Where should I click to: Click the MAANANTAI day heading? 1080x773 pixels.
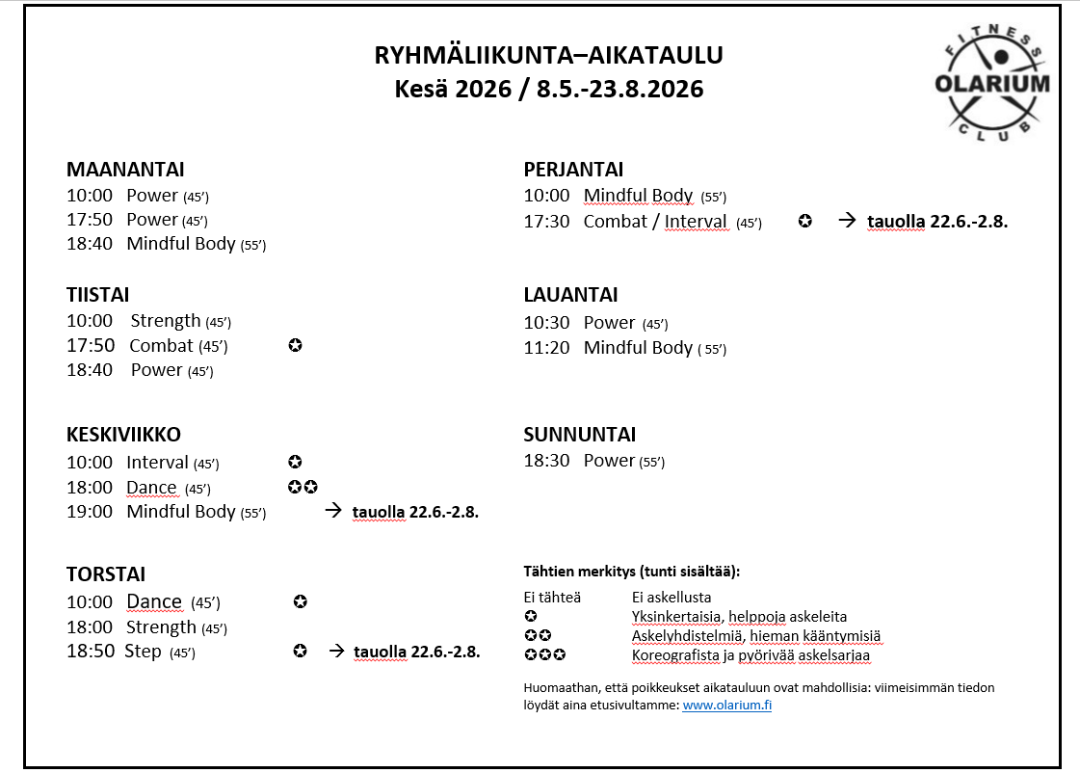click(125, 170)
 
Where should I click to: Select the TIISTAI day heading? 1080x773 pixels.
click(97, 295)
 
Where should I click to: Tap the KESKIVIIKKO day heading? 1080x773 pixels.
click(123, 435)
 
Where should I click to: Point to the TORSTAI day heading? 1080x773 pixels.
click(106, 574)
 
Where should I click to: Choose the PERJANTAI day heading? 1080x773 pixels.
click(573, 170)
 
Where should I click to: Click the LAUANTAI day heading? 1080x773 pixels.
click(570, 295)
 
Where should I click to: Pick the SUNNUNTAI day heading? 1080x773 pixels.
click(579, 435)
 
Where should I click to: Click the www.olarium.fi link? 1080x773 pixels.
click(727, 706)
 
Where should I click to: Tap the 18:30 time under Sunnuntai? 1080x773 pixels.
click(546, 461)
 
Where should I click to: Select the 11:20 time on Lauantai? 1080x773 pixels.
click(546, 348)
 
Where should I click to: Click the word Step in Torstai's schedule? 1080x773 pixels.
click(143, 652)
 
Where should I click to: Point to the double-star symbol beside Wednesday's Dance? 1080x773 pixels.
click(303, 487)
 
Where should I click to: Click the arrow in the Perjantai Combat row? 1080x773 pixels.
click(847, 221)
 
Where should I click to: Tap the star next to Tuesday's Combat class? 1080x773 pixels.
click(295, 345)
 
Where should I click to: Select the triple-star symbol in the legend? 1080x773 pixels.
click(544, 655)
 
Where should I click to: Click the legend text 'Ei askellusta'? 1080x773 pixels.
click(672, 598)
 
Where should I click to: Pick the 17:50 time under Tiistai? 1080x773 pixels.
click(90, 346)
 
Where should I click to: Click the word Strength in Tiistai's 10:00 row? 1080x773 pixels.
click(166, 321)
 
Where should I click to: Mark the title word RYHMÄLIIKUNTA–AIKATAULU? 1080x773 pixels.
click(548, 55)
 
